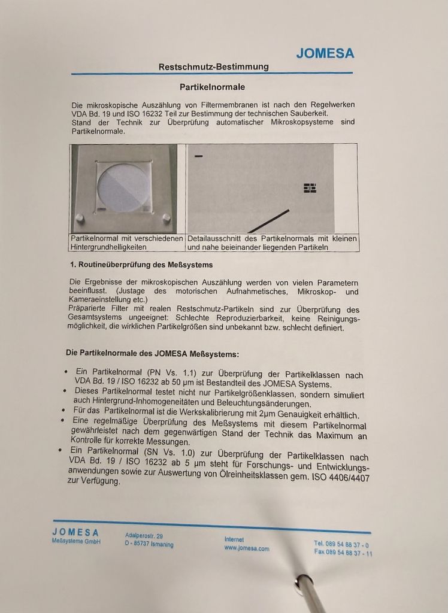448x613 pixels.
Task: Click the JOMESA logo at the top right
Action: coord(325,53)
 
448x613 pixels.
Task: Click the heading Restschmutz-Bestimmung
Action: coord(214,66)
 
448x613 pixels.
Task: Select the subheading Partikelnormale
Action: coord(213,87)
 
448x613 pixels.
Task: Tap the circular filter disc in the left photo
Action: coord(123,187)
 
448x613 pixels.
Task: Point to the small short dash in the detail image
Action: coord(198,156)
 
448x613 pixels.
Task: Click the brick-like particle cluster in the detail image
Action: coord(310,188)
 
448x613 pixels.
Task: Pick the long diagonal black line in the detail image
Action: coord(268,221)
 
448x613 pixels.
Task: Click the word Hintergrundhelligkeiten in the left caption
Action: coord(108,247)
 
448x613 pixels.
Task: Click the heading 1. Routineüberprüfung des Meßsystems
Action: coord(141,265)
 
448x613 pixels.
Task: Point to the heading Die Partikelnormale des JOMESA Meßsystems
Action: coord(152,354)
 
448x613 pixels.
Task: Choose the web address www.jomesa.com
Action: coord(247,548)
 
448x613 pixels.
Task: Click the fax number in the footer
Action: coord(343,553)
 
